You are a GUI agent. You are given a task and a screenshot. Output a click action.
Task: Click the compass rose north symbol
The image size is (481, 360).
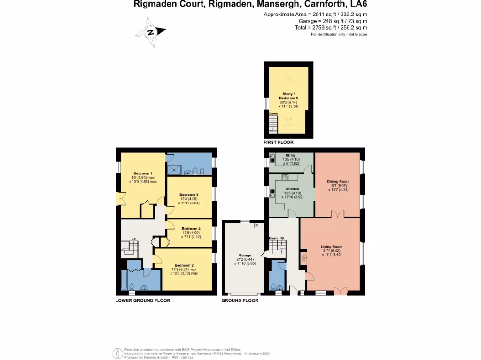point(150,32)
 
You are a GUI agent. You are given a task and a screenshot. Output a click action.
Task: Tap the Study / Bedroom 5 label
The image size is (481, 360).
point(287,96)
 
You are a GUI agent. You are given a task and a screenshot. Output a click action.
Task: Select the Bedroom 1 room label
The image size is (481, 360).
point(143,173)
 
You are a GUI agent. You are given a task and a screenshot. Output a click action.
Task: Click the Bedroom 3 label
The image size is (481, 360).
point(189,195)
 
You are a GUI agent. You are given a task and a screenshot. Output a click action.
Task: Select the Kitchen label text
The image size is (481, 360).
point(292,189)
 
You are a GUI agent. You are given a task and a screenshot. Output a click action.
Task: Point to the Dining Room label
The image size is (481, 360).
point(338,181)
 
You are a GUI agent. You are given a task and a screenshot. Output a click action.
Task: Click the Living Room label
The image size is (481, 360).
point(332,247)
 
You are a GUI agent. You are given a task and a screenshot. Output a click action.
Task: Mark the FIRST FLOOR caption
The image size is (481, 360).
point(279,142)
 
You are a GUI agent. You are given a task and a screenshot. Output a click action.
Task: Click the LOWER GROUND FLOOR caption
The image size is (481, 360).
point(143,300)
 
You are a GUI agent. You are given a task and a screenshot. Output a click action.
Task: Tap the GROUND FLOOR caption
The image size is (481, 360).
point(240,300)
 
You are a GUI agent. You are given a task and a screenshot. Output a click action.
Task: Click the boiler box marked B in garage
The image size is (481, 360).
point(256,225)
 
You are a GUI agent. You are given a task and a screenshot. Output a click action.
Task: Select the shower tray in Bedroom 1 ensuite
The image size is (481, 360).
point(176,169)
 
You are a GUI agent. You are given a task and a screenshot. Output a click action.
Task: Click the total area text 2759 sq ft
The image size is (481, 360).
point(331,28)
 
